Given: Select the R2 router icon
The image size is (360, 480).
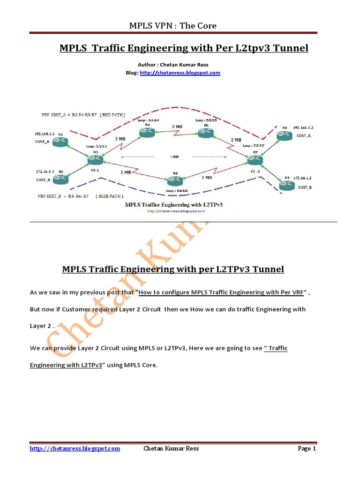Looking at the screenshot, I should click(60, 179).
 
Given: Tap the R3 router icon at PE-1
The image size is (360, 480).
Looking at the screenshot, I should click(95, 160).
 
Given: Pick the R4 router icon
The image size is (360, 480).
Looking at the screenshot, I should click(147, 134).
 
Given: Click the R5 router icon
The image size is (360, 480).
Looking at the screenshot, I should click(205, 133).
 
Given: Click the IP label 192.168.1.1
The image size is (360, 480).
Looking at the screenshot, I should click(45, 134).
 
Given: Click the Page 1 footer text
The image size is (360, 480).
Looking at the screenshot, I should click(307, 449).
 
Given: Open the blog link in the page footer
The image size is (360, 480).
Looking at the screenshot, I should click(75, 449).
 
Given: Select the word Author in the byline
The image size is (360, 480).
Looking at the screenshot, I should click(147, 65).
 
